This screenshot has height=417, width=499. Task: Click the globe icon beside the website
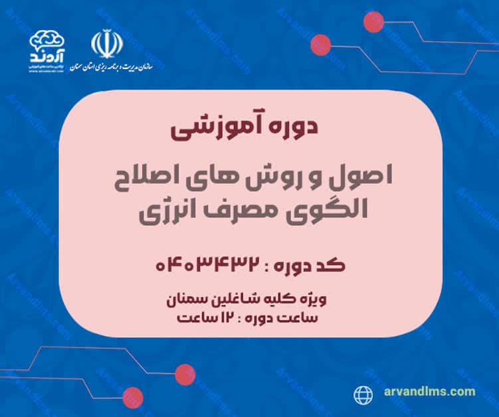(362, 392)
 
